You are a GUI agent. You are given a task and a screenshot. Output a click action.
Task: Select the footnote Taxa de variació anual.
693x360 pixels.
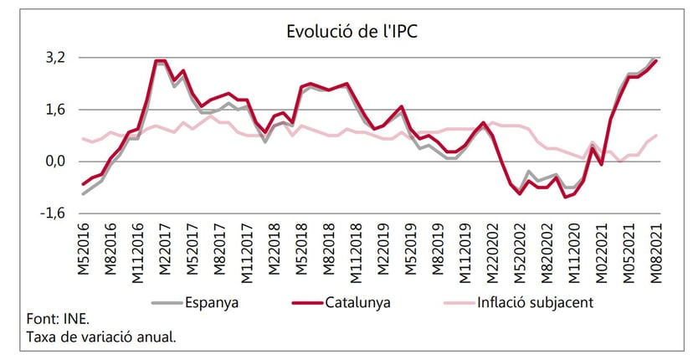pyautogui.click(x=101, y=337)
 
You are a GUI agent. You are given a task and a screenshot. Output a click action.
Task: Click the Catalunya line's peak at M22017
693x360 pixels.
pyautogui.click(x=160, y=60)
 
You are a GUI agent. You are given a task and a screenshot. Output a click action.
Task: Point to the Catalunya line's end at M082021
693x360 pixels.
pyautogui.click(x=656, y=60)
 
